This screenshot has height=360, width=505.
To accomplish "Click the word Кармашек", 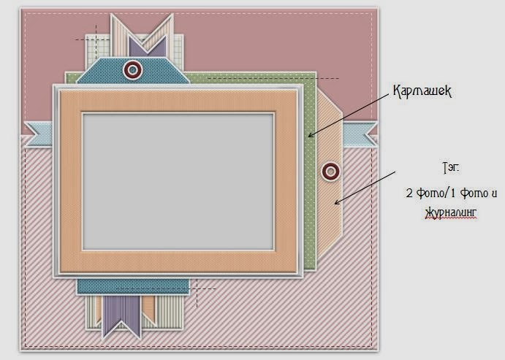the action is click(423, 91).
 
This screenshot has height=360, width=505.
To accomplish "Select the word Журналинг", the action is click(449, 212).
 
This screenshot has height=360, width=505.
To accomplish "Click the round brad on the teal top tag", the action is click(132, 69).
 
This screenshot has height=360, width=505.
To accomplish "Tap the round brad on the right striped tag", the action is click(330, 172).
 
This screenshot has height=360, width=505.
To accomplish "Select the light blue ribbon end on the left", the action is click(38, 134).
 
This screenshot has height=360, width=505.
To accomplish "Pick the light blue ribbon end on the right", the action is click(359, 133).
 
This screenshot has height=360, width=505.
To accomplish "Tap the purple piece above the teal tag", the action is click(155, 43).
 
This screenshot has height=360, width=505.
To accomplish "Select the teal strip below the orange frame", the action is click(132, 286).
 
